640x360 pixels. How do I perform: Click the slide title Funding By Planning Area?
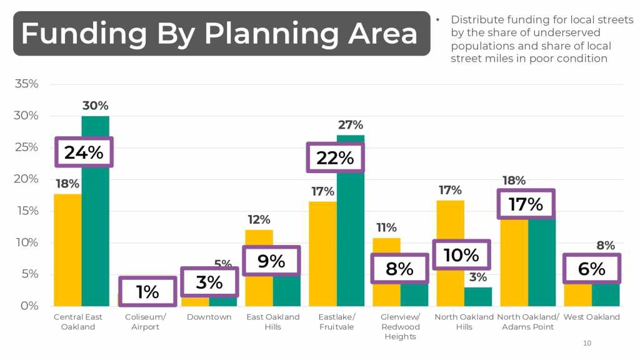coord(219,33)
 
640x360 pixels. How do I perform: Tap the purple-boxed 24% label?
coord(84,152)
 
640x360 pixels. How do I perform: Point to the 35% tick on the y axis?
coord(27,84)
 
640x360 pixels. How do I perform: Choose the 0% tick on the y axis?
coord(29,306)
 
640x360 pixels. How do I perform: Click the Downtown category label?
coord(209,317)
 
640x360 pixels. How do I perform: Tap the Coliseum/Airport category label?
coord(145,322)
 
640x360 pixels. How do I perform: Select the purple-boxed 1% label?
coord(147,292)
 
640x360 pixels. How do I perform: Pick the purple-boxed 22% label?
coord(335,158)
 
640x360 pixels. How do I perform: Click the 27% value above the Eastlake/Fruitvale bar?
coord(351,125)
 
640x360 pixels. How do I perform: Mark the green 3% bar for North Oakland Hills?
coord(477,297)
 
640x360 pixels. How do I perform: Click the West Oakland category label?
coord(591,317)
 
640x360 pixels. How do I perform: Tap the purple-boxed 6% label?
coord(591,269)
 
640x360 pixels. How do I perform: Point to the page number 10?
coord(586,343)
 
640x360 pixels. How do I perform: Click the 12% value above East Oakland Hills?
coord(259,219)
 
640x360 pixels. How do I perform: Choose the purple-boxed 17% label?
coord(526,204)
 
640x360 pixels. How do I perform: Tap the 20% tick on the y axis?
coord(27,179)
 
